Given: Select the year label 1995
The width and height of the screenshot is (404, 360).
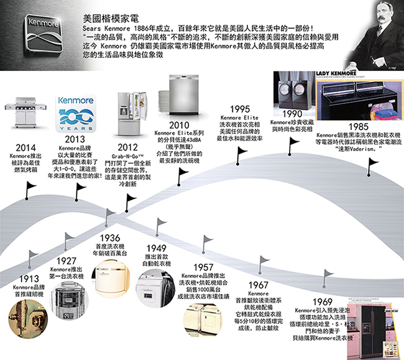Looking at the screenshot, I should (240, 108).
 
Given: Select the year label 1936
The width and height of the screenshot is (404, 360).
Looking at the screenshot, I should (109, 238).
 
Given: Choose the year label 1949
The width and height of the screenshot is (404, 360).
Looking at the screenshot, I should (157, 248).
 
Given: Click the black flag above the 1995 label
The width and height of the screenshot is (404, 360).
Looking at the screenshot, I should (242, 152).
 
